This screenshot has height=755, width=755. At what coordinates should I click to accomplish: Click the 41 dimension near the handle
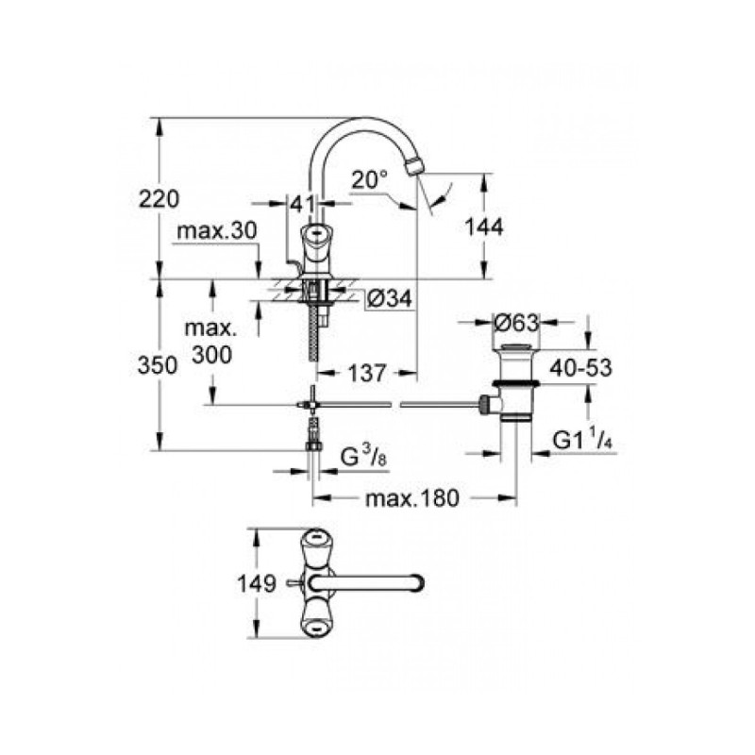(301, 202)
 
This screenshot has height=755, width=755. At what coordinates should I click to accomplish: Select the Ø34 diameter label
(387, 299)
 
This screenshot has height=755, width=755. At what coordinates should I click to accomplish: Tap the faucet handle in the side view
(315, 237)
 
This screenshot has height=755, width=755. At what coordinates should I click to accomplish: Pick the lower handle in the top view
(314, 623)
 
